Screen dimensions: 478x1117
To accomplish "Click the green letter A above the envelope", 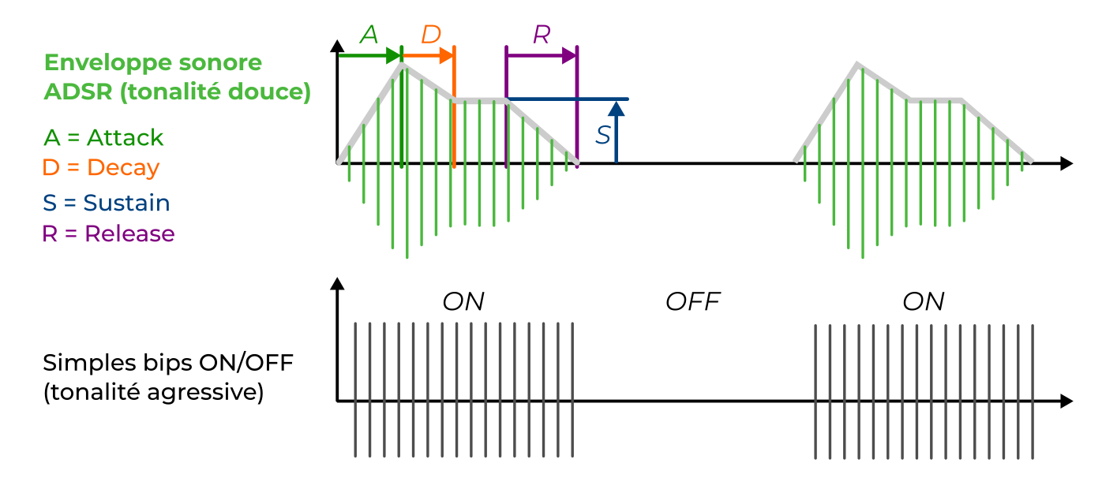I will [x=369, y=34].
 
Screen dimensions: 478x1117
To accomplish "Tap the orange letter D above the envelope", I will [x=431, y=34].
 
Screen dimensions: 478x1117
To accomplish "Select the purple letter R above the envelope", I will [x=542, y=34].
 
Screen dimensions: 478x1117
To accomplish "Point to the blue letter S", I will [x=603, y=135].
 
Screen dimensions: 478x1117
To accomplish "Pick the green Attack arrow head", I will [x=392, y=55].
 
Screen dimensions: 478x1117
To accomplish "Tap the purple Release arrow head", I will [x=569, y=55].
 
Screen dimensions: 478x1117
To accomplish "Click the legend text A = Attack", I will [x=103, y=137].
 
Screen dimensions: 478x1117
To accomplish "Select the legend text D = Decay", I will [x=101, y=168].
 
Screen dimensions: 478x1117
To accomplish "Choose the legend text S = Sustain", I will [x=107, y=203].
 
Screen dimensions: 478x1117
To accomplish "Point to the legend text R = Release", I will [x=109, y=234].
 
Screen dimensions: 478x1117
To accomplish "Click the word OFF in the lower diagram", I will [x=693, y=301].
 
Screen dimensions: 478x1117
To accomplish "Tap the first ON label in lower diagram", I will [x=463, y=301].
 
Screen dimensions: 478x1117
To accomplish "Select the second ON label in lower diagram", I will [x=924, y=301].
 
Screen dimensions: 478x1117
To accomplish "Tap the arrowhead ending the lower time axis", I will [x=1066, y=401].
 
